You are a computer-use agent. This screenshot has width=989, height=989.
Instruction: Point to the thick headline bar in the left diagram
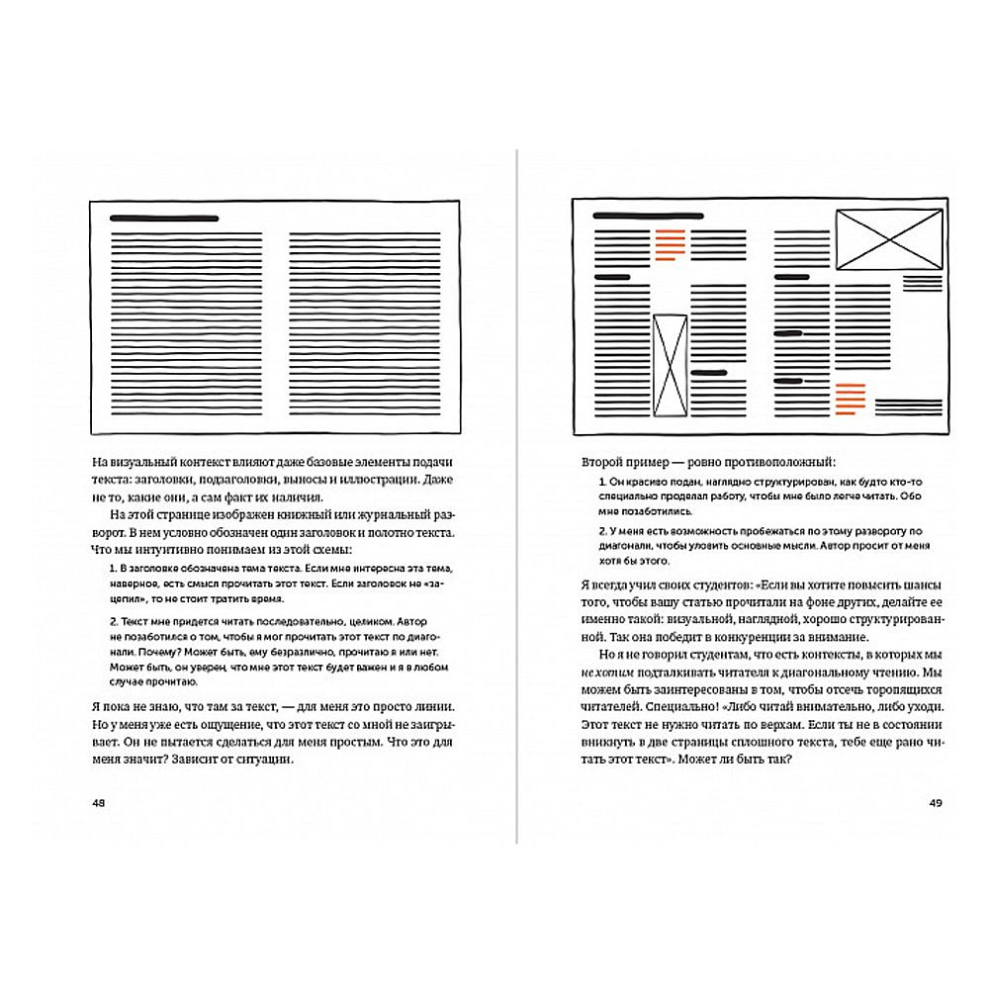(x=164, y=218)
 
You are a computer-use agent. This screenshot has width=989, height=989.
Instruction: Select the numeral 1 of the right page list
(x=602, y=482)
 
